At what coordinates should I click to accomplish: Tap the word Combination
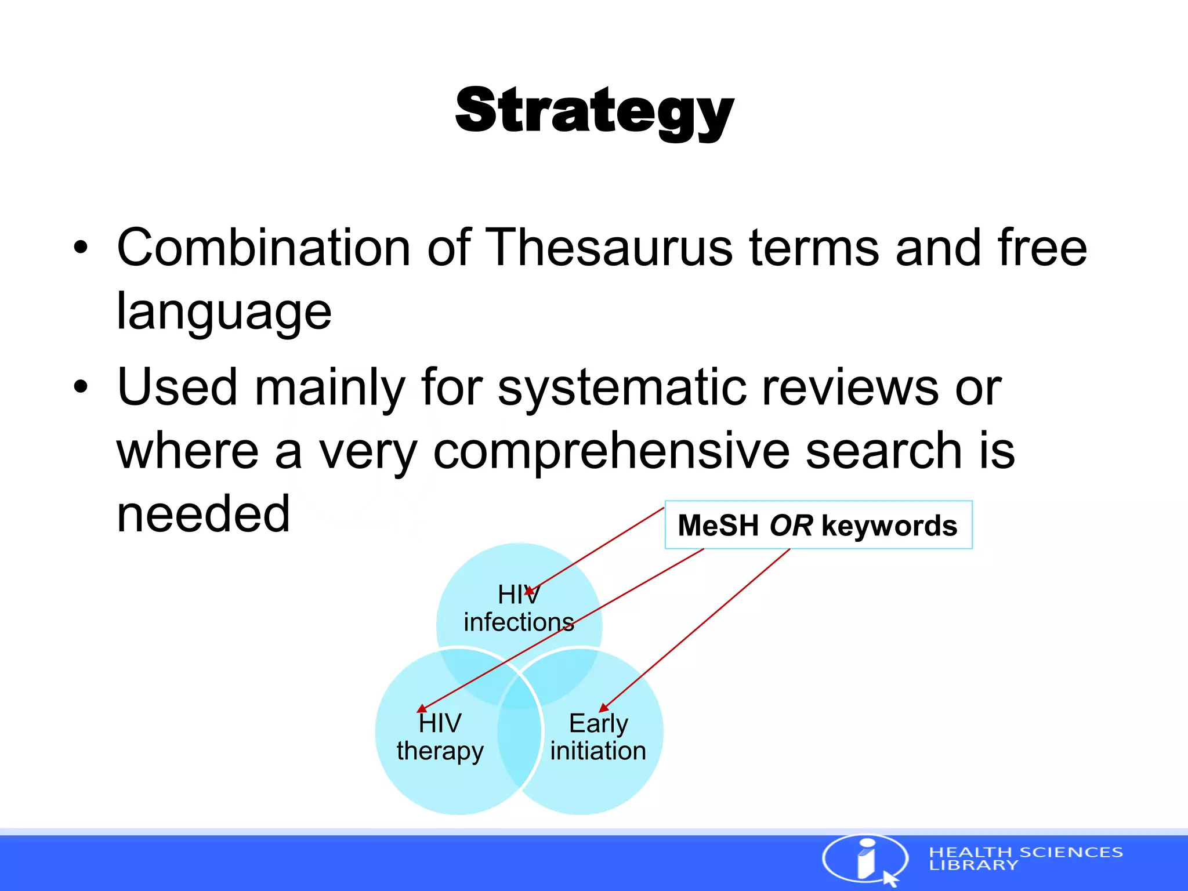click(x=263, y=248)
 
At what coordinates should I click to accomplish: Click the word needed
click(x=203, y=515)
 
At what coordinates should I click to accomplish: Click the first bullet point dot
click(x=81, y=248)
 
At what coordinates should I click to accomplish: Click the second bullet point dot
click(x=81, y=387)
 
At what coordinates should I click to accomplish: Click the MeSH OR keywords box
click(x=818, y=525)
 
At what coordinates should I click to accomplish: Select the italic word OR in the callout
click(x=791, y=526)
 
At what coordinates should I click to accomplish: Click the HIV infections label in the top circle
click(x=519, y=608)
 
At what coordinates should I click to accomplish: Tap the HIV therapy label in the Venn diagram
click(x=440, y=737)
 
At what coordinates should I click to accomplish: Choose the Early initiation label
click(x=598, y=737)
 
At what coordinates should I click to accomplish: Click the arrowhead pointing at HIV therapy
click(x=422, y=709)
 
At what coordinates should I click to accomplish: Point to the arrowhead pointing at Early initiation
click(x=603, y=708)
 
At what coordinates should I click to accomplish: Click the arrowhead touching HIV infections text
click(x=529, y=591)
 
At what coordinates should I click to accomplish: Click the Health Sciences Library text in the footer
click(x=1026, y=859)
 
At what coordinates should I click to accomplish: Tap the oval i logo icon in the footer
click(x=865, y=859)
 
